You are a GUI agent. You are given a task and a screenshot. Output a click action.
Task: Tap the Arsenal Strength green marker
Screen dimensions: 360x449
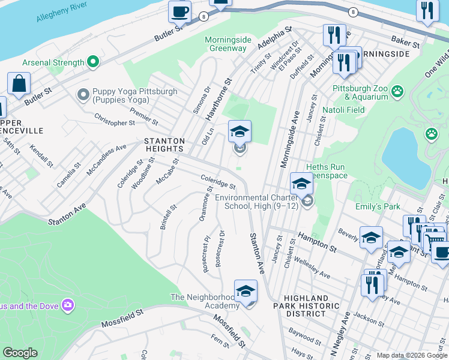tap(92, 62)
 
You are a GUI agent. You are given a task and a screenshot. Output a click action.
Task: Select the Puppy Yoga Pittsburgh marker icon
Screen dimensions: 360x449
tap(83, 95)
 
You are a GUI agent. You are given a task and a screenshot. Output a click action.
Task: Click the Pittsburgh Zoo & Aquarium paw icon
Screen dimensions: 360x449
tap(397, 92)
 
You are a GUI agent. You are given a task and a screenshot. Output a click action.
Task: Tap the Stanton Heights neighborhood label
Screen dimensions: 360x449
tap(164, 144)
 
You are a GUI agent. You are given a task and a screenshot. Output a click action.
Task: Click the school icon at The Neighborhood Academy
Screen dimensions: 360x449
tap(246, 292)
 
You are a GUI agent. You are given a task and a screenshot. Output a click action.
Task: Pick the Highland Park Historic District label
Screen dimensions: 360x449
tap(306, 306)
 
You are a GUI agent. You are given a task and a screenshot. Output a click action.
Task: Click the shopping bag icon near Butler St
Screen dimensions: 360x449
tap(19, 84)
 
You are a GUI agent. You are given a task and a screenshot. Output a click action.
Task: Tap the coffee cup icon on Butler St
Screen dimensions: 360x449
tap(179, 11)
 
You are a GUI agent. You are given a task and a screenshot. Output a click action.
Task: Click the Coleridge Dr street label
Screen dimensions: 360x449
tap(218, 182)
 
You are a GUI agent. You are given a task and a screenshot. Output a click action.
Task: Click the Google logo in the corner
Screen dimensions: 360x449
tap(20, 353)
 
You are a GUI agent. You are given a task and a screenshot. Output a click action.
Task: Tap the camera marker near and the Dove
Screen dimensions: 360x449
tap(67, 306)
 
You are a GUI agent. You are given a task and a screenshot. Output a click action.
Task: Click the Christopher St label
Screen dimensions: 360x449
tap(115, 122)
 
